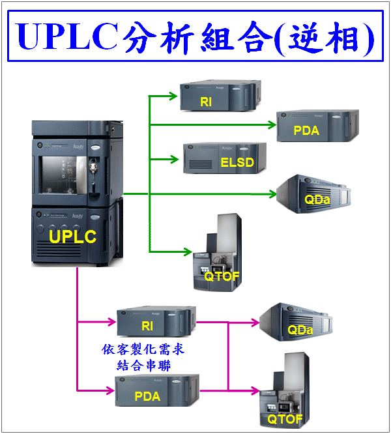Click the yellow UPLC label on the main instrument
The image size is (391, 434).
72,237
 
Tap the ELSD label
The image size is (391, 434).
237,162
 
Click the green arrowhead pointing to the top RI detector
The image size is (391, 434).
173,96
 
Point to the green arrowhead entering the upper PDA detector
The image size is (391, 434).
272,125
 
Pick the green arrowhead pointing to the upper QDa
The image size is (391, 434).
272,194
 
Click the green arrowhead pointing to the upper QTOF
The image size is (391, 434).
188,252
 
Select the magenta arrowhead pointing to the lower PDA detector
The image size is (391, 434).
110,390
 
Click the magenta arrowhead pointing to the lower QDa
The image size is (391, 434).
255,322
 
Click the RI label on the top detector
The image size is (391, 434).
206,102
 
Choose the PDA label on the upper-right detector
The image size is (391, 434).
306,130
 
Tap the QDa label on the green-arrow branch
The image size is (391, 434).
317,199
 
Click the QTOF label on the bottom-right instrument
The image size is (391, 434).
285,419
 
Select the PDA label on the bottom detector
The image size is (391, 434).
147,396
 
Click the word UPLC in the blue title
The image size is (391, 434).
68,36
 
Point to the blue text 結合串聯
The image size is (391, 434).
143,366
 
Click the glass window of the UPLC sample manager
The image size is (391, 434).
64,175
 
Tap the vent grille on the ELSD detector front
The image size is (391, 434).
201,164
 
